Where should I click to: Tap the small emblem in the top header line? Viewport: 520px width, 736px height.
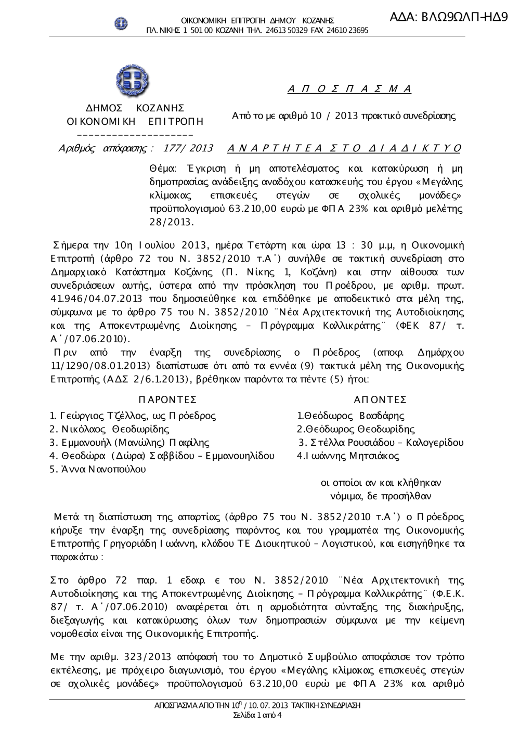(121, 23)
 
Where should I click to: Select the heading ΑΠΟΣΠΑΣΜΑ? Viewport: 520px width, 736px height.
(349, 89)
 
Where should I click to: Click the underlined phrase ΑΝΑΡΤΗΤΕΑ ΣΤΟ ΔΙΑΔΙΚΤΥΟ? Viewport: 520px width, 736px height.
(344, 149)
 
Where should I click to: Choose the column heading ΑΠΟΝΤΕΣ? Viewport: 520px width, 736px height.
(380, 399)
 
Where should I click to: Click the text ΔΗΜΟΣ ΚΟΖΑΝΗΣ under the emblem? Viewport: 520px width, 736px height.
(135, 108)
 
